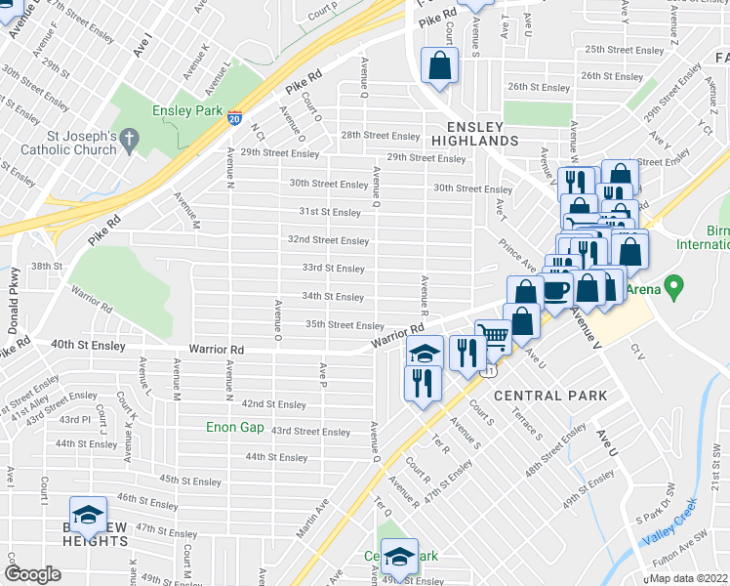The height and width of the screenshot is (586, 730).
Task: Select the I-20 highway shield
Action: tap(235, 118)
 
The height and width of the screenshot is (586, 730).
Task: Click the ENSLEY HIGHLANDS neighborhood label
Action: tap(474, 134)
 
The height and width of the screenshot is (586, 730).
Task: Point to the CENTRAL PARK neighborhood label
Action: tap(550, 396)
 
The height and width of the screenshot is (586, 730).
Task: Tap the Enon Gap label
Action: tap(235, 427)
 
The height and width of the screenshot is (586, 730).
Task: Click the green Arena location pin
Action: tap(671, 288)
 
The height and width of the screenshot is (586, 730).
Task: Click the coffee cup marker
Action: tap(556, 290)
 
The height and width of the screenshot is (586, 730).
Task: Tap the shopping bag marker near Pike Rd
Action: tap(439, 66)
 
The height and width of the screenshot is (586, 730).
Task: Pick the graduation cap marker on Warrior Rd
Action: tap(425, 352)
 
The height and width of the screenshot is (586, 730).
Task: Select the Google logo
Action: tap(32, 574)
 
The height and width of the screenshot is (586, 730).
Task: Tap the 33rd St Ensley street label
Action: tap(333, 269)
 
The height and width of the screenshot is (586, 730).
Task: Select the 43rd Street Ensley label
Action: tap(310, 431)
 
